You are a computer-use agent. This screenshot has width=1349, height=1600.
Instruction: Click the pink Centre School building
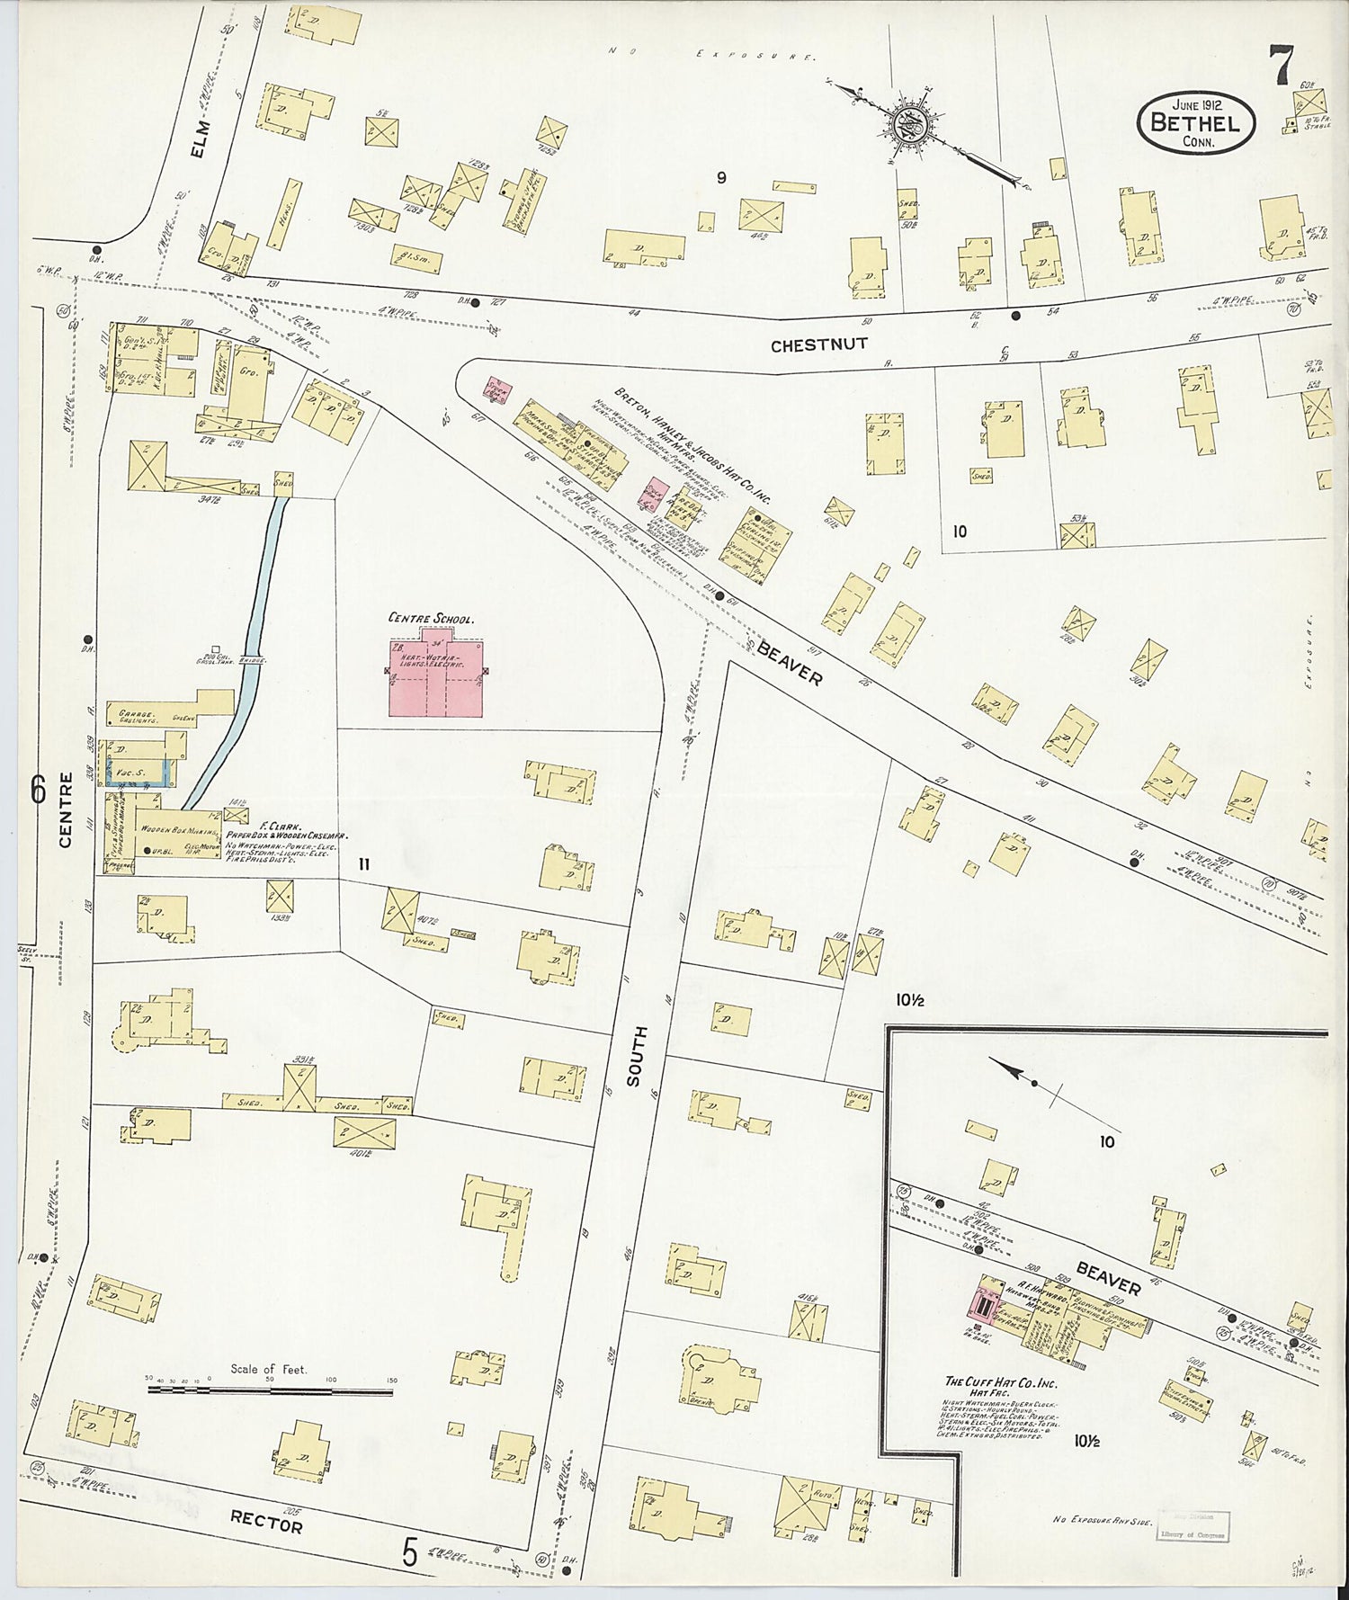436,679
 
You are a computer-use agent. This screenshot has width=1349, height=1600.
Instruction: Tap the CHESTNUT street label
818,344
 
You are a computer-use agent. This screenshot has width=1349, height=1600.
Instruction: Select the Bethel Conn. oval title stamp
1195,123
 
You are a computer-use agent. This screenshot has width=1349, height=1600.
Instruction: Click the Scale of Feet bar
270,1391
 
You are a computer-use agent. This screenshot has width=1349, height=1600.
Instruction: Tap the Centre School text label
431,618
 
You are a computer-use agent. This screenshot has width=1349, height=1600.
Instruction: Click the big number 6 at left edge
37,789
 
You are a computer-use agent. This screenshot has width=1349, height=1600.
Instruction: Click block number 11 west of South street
364,864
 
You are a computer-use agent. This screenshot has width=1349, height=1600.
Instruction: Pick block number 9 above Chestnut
720,178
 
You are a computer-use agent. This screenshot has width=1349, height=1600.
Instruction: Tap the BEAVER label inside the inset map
1108,1279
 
